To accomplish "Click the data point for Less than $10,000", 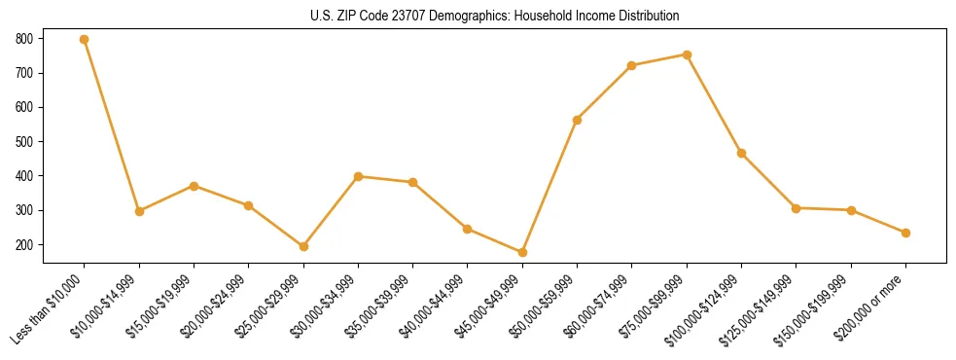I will [85, 40].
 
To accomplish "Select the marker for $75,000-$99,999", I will [687, 54].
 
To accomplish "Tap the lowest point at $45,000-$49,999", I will [522, 252].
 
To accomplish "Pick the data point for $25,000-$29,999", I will [303, 246].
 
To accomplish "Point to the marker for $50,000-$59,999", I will [577, 120].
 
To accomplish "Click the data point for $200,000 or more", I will [905, 233].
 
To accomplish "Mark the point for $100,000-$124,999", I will [741, 153].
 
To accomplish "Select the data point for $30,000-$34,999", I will [358, 176].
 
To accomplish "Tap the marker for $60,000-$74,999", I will [632, 65].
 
